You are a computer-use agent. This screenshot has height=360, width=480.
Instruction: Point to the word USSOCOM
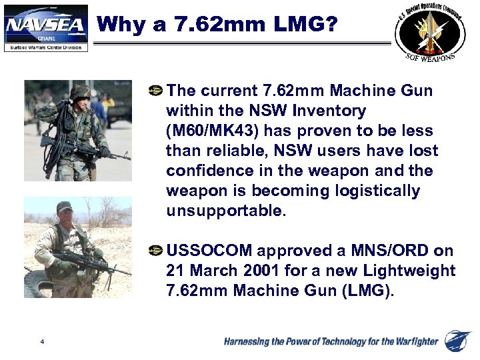(209, 251)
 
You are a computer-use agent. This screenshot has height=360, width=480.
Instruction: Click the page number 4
(42, 342)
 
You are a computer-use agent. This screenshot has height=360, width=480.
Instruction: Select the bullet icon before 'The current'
(157, 90)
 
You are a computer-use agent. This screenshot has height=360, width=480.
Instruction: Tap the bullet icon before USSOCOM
(157, 251)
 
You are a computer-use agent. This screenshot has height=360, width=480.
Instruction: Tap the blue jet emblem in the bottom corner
(458, 341)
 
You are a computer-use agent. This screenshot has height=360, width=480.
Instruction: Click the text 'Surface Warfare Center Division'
(45, 47)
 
